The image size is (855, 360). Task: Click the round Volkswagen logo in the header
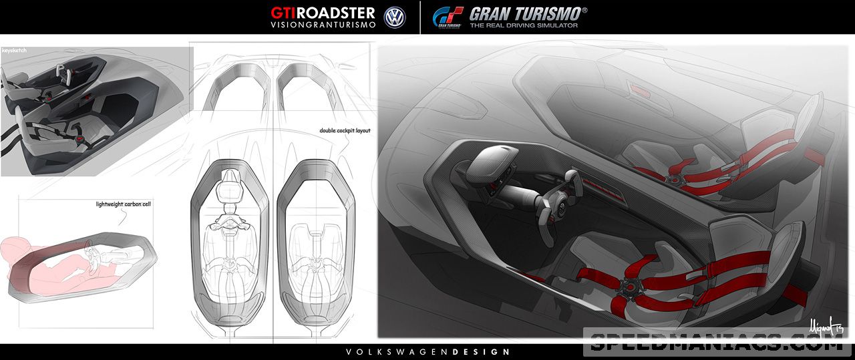[395, 17]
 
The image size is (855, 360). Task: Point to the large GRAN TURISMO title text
[528, 13]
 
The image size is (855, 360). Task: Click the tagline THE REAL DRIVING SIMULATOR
[523, 25]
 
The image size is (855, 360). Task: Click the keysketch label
[14, 50]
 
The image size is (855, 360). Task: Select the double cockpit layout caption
[345, 131]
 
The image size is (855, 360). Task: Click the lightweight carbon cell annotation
[124, 204]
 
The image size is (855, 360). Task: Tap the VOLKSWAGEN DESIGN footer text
[427, 352]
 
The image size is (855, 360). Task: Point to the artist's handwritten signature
[827, 327]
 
